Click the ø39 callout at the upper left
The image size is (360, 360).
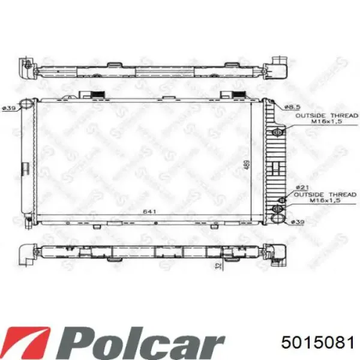pos(8,107)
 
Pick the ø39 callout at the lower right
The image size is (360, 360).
pos(298,221)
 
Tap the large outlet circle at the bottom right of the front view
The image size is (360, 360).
pos(277,208)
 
